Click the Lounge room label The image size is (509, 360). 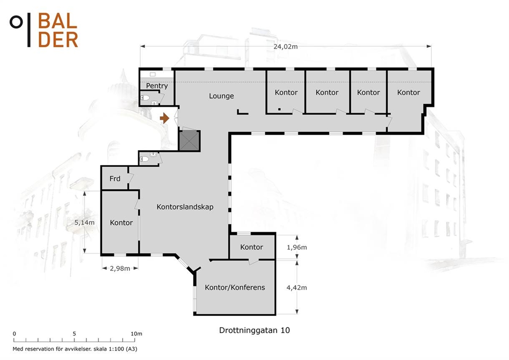click(x=221, y=96)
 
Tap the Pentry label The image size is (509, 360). click(x=157, y=86)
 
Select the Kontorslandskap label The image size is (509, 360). click(x=185, y=207)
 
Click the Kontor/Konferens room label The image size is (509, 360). click(x=235, y=287)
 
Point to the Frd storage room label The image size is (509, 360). click(x=115, y=179)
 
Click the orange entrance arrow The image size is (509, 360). click(x=165, y=118)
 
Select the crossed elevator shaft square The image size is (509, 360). click(x=189, y=141)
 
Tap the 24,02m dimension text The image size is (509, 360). click(x=285, y=46)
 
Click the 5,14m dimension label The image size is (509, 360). click(x=85, y=223)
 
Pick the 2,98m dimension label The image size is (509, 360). click(x=120, y=269)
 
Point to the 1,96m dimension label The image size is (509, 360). click(x=297, y=247)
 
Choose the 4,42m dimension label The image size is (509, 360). click(x=297, y=287)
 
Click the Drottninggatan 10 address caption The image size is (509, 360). click(x=254, y=331)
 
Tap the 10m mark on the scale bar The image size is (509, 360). click(x=136, y=334)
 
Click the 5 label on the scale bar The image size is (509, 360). click(x=75, y=334)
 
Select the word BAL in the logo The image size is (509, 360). click(x=58, y=21)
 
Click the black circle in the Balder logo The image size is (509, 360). click(x=16, y=22)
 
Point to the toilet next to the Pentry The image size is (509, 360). click(x=146, y=98)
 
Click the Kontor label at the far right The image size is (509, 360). click(x=409, y=92)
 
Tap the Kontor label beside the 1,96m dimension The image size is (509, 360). click(x=252, y=247)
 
